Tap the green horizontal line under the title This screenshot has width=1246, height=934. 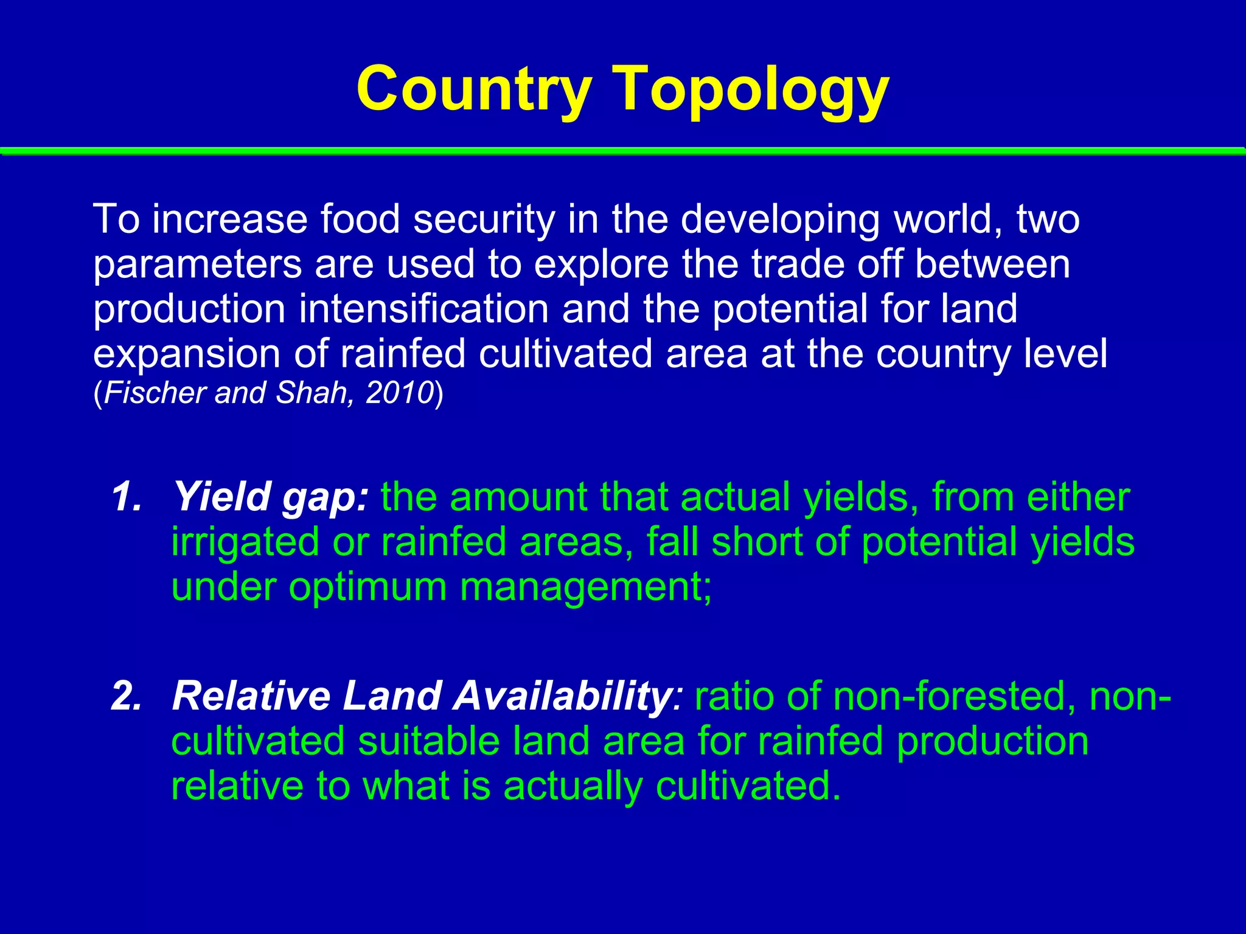click(623, 150)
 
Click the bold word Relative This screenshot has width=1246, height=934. click(250, 696)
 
